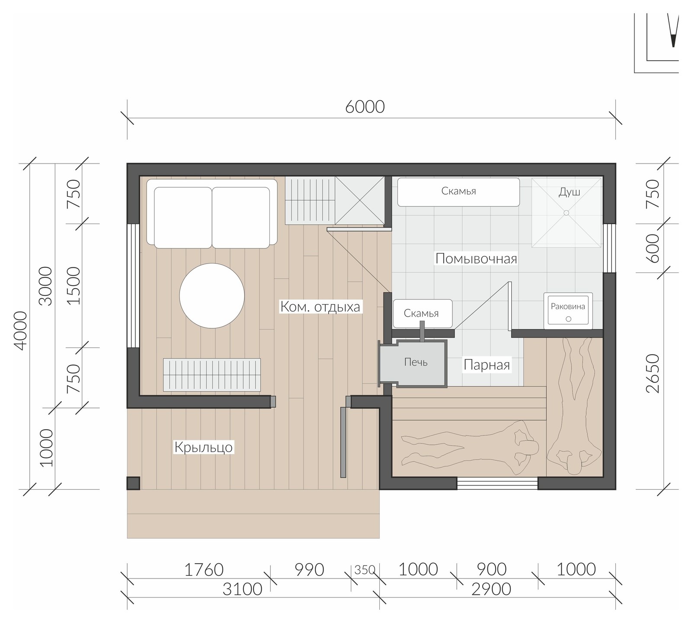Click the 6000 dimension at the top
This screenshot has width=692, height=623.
(x=365, y=106)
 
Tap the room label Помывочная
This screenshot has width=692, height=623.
(x=476, y=259)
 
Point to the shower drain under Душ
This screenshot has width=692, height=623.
(x=566, y=212)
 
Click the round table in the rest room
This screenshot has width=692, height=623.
(x=212, y=296)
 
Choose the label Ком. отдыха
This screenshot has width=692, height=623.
(x=320, y=307)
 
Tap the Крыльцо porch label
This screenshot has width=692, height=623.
(x=203, y=447)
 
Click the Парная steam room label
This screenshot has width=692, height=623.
(x=487, y=365)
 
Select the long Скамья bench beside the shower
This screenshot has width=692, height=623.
(x=458, y=192)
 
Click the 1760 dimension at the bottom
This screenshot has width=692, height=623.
(x=204, y=570)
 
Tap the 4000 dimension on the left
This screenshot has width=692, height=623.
(x=20, y=331)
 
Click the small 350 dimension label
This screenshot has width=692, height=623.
(x=365, y=570)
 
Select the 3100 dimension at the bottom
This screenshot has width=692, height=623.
(x=242, y=589)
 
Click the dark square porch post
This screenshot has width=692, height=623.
(x=133, y=483)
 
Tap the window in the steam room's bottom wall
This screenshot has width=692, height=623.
(x=497, y=483)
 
